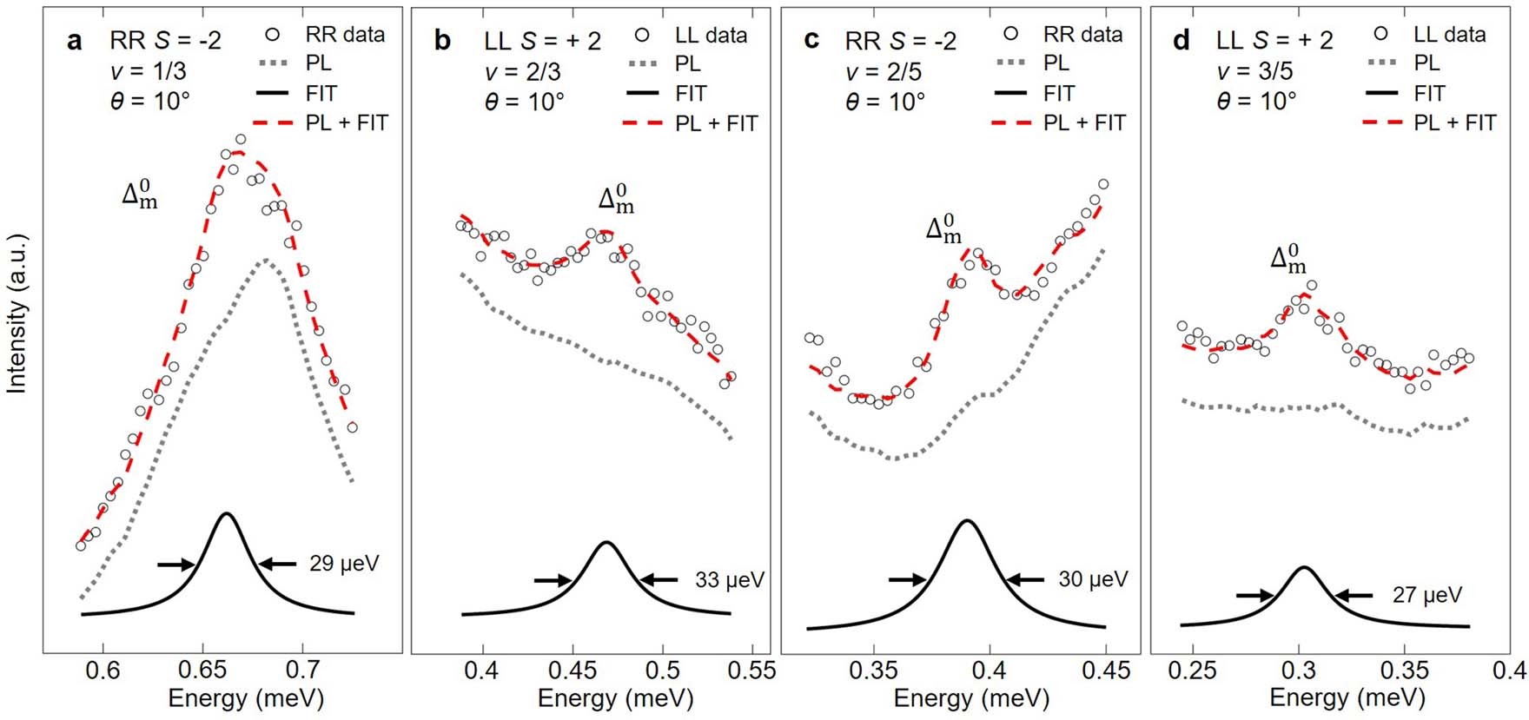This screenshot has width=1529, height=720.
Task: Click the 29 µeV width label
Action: click(344, 564)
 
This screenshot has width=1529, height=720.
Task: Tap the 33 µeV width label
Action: click(730, 579)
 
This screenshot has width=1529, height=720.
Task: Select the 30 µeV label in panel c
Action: click(1092, 579)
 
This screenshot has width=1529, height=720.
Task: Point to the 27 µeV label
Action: click(1426, 595)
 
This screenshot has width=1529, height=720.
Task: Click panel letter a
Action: click(75, 40)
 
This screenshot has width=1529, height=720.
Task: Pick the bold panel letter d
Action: click(1181, 40)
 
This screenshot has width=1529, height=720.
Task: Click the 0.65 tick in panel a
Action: click(202, 671)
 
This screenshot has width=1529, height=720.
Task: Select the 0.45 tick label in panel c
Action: click(1106, 671)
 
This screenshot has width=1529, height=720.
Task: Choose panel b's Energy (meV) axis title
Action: click(615, 698)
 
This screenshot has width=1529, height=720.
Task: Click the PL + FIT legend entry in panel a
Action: click(346, 123)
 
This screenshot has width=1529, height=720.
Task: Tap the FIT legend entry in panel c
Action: click(1059, 93)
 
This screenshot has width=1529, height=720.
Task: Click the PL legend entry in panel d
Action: click(1426, 63)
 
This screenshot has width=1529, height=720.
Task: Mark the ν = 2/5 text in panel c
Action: click(884, 71)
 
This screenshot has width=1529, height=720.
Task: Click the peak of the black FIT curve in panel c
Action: click(965, 521)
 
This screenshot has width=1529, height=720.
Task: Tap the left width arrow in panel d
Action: click(1254, 596)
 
